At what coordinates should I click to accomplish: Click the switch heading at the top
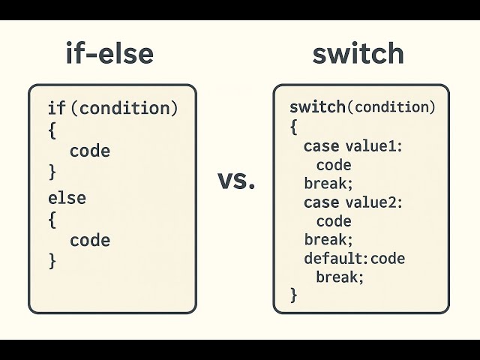point(358,53)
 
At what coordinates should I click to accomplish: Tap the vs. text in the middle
point(236,180)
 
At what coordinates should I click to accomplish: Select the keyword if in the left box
point(56,109)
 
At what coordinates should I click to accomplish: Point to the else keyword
point(67,199)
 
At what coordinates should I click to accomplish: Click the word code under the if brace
point(90,151)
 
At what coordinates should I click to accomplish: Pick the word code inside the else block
point(90,241)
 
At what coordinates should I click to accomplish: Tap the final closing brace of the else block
point(52,261)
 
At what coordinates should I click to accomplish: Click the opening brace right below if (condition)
point(52,130)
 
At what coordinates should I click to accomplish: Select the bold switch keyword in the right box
point(317,107)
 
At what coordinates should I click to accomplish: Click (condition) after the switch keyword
point(391,107)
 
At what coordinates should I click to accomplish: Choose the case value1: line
point(353,146)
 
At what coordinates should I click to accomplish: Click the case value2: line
point(353,202)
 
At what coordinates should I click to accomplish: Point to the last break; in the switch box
point(339,277)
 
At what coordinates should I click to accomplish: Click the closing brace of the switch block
point(293,295)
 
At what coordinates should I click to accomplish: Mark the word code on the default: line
point(388,259)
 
